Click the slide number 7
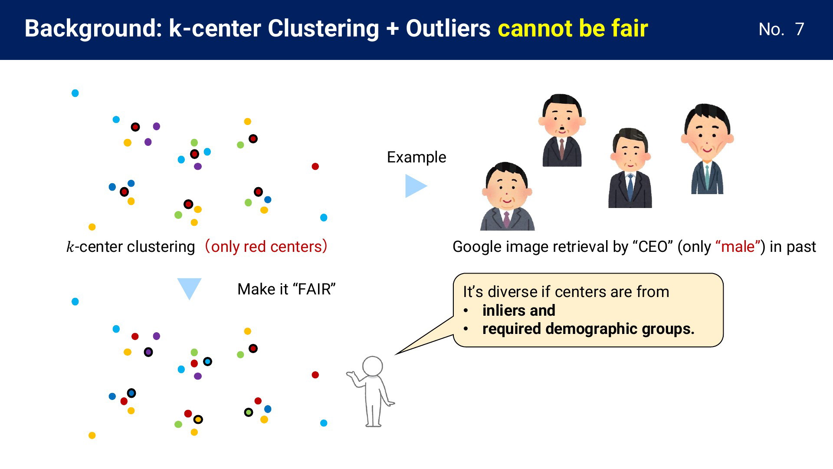click(x=799, y=29)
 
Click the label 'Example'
click(x=416, y=157)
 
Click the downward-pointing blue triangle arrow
click(x=189, y=288)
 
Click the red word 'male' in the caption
click(x=738, y=247)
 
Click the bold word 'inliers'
click(x=503, y=310)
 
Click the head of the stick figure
click(x=372, y=366)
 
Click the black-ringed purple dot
click(x=148, y=352)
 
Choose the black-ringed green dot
click(x=249, y=412)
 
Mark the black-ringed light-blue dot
click(x=208, y=361)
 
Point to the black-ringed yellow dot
click(x=198, y=419)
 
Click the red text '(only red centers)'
click(x=266, y=246)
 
